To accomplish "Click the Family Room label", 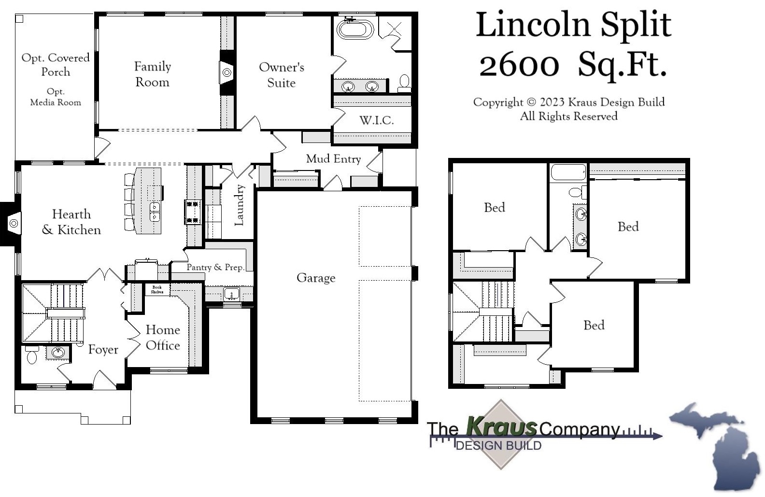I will [x=152, y=74].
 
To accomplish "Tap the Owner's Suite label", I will [x=281, y=75].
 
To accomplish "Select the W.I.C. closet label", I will [x=376, y=120].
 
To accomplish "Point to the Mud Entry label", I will [x=333, y=159].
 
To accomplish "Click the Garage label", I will [x=316, y=278].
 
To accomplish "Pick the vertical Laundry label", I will [x=239, y=205].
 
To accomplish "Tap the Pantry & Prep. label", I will [x=215, y=267].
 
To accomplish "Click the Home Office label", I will [x=163, y=338].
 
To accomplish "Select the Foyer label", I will [x=103, y=350].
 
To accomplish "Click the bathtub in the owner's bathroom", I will [x=355, y=29].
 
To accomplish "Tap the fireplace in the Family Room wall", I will [x=227, y=73].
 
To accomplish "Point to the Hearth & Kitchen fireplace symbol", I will [x=14, y=223].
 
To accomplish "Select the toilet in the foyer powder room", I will [x=32, y=357].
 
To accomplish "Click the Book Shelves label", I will [x=157, y=289].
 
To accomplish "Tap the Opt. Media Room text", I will [x=56, y=97].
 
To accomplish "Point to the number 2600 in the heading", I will [x=519, y=65].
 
